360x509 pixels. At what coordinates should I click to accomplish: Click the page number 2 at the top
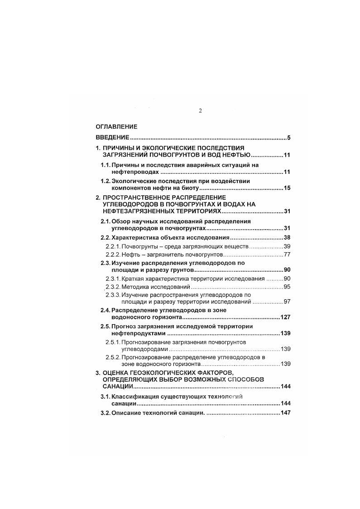tap(200, 111)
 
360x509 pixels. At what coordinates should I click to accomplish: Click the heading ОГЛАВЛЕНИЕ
tap(116, 127)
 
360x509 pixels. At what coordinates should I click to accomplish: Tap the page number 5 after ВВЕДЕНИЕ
tap(288, 138)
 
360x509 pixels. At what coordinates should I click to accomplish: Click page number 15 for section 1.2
tap(286, 188)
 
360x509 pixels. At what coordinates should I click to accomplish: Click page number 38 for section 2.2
tap(286, 238)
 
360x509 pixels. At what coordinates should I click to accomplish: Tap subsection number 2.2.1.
tap(113, 246)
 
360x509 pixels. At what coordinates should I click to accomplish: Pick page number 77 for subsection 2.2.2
tap(286, 254)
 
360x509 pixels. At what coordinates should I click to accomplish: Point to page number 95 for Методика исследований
tap(286, 287)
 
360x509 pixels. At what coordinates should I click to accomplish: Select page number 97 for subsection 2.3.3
tap(286, 301)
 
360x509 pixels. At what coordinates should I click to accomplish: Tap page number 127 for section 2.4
tap(285, 317)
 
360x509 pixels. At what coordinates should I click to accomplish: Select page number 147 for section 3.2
tap(285, 413)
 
